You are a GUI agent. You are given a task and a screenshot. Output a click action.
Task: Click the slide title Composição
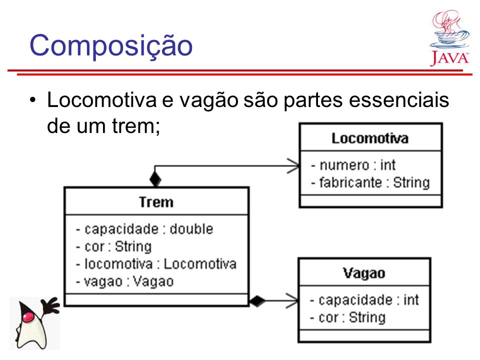[111, 46]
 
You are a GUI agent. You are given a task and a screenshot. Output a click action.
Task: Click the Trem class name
[156, 202]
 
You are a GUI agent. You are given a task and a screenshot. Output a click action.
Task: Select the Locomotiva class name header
[370, 138]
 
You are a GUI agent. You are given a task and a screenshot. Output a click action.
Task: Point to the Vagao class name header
[364, 273]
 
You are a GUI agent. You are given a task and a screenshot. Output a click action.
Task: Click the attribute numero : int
[353, 165]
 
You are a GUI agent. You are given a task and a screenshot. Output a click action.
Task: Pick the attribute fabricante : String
[370, 183]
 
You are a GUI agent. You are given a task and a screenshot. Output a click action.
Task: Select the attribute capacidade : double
[144, 229]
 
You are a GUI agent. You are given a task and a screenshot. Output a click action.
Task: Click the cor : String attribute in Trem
[114, 246]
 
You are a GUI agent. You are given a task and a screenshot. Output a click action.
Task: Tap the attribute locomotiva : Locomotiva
[156, 264]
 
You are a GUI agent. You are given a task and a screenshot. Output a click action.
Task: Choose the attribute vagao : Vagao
[125, 281]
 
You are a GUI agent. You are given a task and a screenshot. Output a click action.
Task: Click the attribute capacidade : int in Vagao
[364, 300]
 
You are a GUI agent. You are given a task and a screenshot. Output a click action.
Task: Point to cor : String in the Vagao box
[347, 317]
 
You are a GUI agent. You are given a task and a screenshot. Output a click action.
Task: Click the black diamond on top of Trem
[155, 179]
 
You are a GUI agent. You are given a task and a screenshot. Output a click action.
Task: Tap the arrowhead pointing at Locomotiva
[293, 166]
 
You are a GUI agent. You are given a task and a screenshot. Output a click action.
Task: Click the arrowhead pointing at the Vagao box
[292, 301]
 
